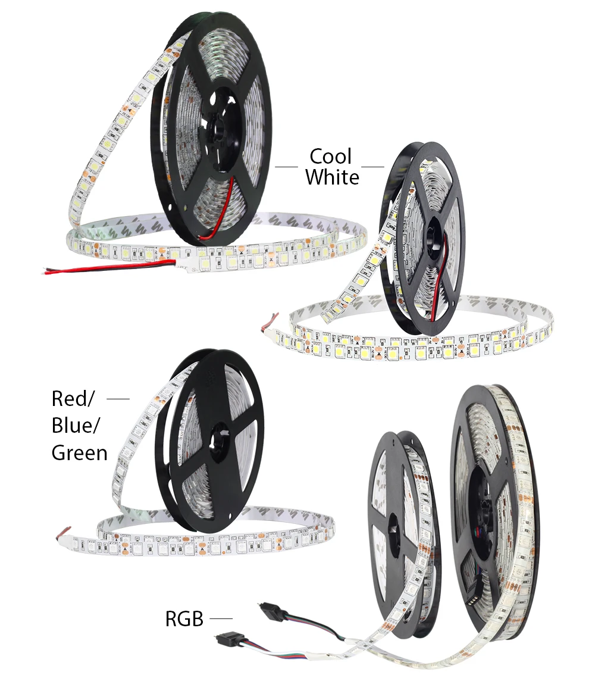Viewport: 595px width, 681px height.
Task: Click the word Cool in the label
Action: click(331, 157)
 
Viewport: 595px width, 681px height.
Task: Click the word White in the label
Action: click(333, 177)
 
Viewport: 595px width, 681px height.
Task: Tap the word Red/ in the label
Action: click(73, 398)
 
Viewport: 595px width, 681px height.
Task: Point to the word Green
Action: click(80, 453)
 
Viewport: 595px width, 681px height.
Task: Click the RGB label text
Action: click(184, 620)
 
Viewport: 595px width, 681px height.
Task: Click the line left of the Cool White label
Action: click(286, 167)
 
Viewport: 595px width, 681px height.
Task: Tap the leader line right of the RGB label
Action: click(220, 619)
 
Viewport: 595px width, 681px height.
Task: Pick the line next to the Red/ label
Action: click(118, 398)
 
